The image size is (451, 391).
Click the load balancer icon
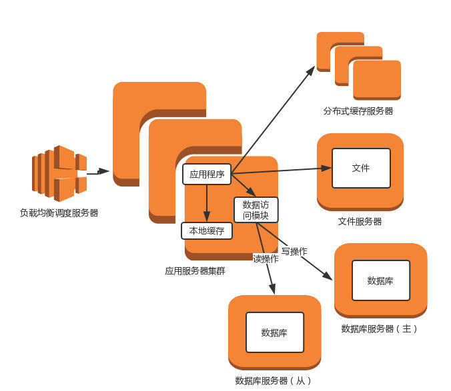pos(59,173)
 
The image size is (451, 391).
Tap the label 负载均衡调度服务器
pos(59,213)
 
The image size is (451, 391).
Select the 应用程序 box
pos(207,175)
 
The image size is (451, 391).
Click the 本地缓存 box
pos(207,231)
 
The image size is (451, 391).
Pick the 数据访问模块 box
pos(256,210)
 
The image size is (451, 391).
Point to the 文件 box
pos(361,168)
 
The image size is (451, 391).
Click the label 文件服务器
pos(360,221)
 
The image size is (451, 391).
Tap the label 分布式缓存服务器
pos(358,111)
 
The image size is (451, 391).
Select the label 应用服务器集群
pos(195,271)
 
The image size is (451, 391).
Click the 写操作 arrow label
pos(294,251)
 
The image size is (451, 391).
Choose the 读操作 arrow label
pos(266,258)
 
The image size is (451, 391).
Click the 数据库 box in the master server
pos(380,280)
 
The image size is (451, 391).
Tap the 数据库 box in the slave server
pos(274,332)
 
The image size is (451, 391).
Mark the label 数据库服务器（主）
pos(380,328)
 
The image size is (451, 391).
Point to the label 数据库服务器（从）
pos(274,380)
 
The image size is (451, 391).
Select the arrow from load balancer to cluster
pos(98,172)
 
